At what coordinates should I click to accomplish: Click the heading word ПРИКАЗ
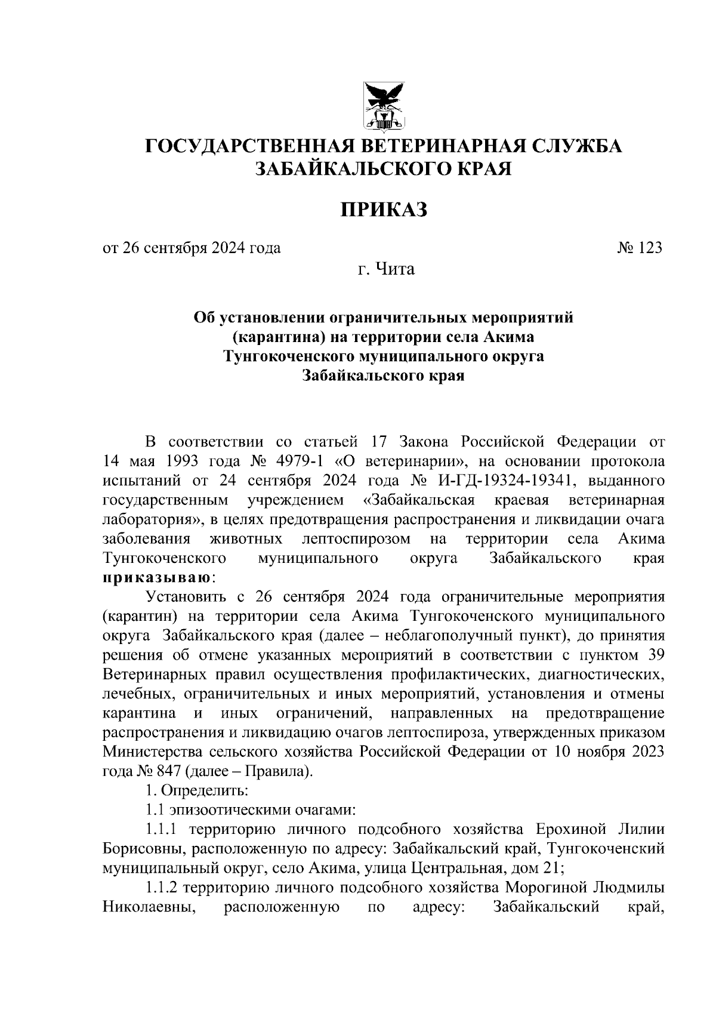(384, 210)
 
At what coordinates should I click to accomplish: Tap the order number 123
(650, 248)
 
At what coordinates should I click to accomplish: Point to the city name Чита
(394, 269)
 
